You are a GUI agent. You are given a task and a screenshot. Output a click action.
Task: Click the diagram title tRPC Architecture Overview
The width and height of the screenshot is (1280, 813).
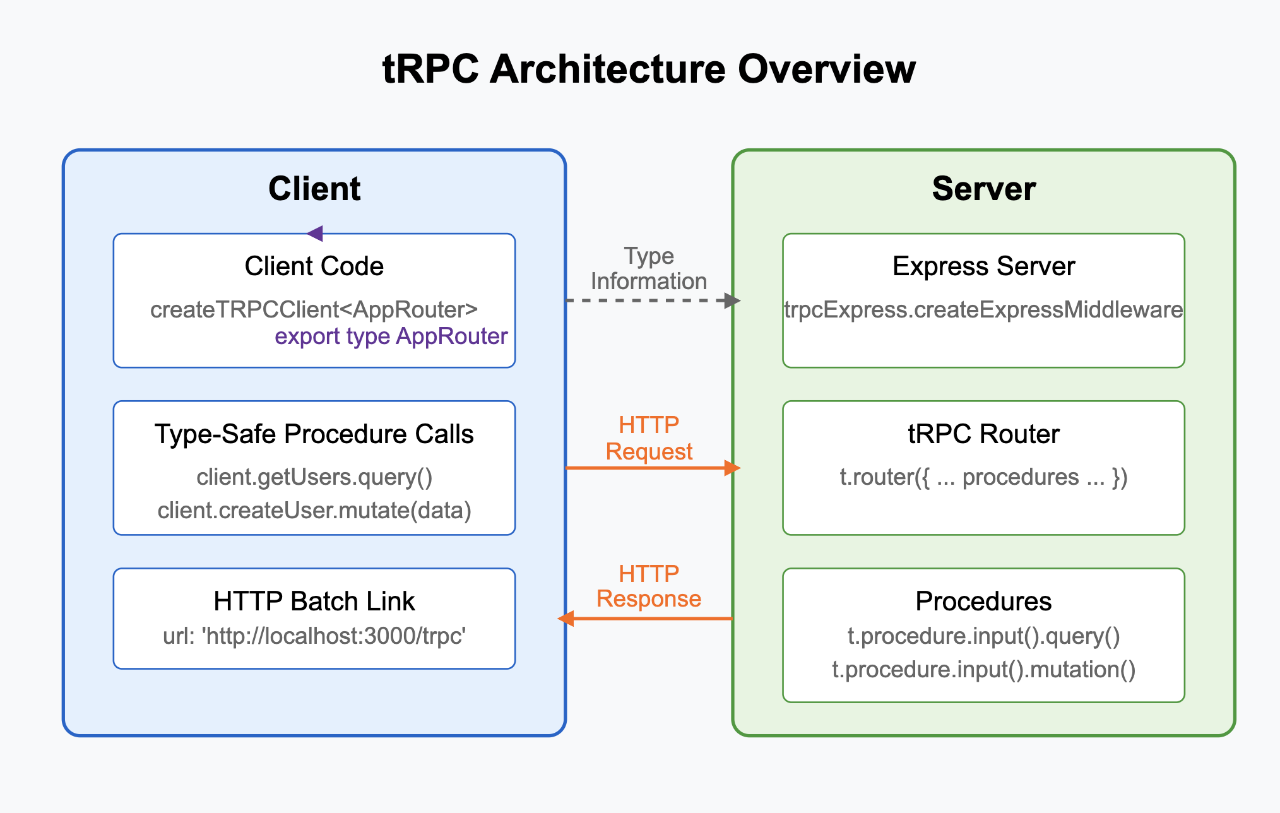(649, 69)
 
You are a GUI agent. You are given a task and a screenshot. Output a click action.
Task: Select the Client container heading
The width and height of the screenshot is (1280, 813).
(314, 189)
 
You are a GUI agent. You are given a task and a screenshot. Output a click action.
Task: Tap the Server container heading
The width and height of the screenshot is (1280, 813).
(983, 189)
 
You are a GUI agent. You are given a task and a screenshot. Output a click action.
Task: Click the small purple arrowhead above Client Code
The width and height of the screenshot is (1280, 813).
(315, 234)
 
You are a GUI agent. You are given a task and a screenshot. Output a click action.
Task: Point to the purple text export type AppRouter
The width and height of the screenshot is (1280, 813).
(391, 336)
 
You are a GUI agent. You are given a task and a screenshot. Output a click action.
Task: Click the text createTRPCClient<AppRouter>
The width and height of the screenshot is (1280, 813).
(314, 309)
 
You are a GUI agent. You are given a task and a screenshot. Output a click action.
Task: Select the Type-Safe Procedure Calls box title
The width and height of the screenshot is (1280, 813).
(314, 434)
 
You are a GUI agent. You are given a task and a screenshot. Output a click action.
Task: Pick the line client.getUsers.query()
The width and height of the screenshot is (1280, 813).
(314, 477)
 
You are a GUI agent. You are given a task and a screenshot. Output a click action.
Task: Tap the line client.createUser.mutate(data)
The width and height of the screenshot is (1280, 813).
(314, 510)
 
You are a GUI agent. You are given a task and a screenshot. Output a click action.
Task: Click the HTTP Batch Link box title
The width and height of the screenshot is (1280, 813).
(314, 601)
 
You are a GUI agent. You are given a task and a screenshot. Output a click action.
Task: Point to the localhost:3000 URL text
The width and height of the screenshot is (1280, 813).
(314, 636)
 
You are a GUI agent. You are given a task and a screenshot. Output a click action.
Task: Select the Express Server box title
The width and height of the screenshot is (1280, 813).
(983, 266)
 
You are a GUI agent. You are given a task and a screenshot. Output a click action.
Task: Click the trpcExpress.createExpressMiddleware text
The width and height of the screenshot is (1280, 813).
(983, 309)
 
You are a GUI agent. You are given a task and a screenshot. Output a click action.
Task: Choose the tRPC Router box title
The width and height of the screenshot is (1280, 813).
(983, 434)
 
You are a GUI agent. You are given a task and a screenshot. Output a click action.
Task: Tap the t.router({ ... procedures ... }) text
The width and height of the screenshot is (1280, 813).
(983, 477)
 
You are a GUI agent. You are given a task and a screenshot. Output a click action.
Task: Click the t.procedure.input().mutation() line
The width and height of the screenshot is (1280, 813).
(983, 669)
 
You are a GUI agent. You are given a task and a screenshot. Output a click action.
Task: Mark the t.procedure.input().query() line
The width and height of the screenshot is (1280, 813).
(983, 636)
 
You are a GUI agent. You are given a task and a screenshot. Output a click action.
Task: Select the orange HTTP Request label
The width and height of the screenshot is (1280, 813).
(649, 438)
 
